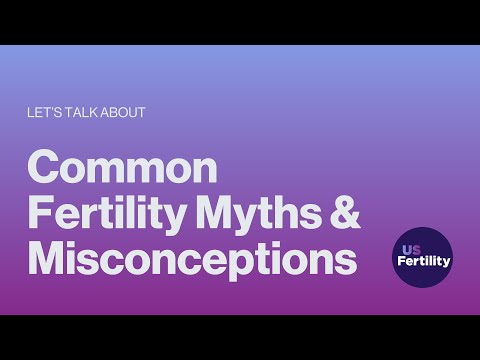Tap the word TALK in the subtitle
[79, 113]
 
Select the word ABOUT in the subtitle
[123, 113]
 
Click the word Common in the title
[122, 167]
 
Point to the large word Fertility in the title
[102, 213]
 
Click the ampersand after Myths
[344, 213]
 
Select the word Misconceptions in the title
[193, 259]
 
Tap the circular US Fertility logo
[422, 257]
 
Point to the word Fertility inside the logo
[422, 263]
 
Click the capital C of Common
[46, 167]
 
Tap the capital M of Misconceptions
[48, 259]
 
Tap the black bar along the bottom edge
[240, 337]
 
